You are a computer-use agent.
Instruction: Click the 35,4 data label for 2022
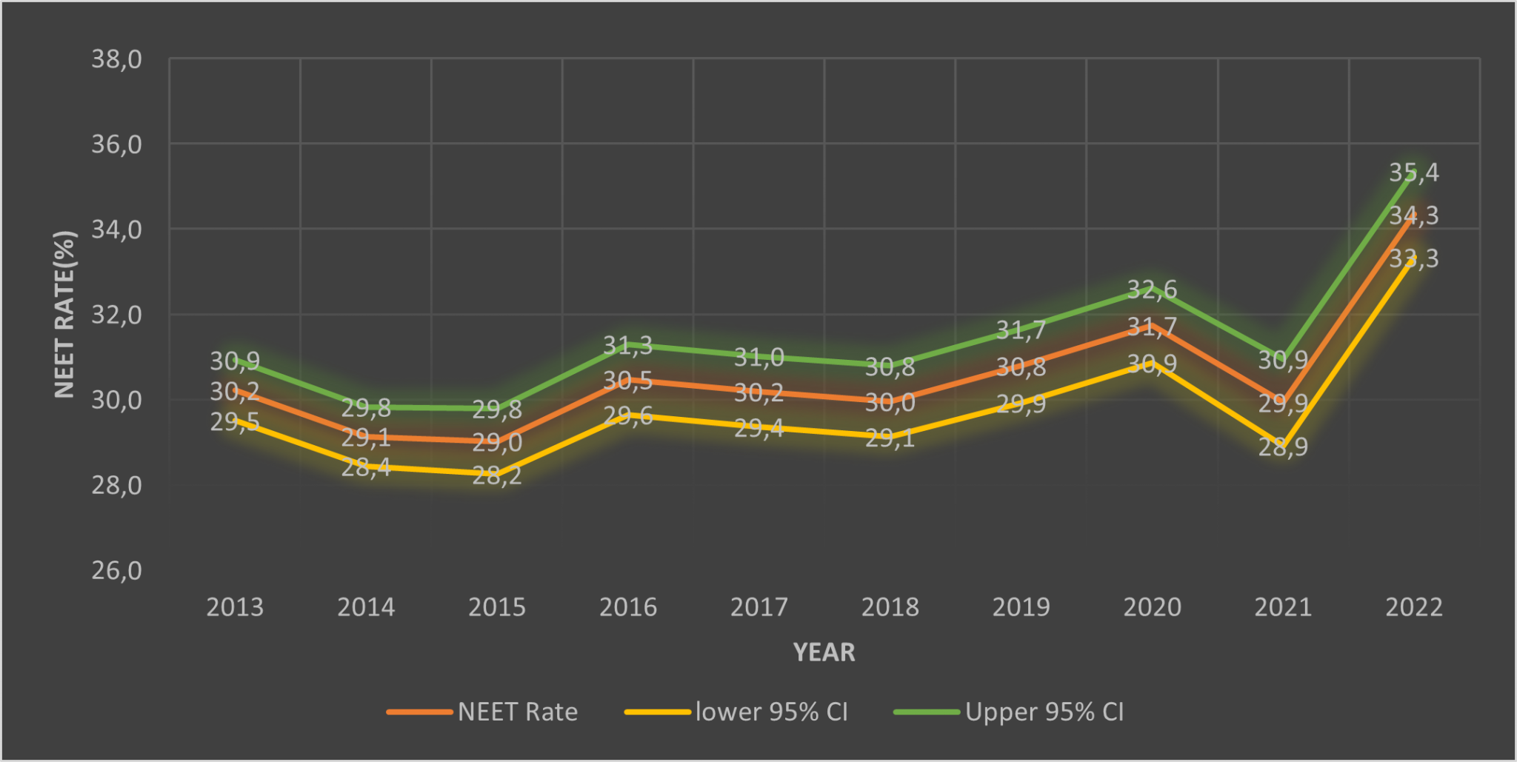click(1413, 173)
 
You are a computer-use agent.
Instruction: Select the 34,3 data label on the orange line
click(1413, 215)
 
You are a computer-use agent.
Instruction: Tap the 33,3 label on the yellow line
click(1413, 258)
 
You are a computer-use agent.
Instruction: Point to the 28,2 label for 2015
click(497, 475)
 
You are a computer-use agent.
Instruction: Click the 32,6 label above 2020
click(1152, 290)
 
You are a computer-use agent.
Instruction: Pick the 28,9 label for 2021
click(1283, 447)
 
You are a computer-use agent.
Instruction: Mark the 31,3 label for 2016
click(627, 345)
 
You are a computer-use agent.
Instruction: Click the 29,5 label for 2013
click(235, 422)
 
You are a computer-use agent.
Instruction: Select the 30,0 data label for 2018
click(890, 403)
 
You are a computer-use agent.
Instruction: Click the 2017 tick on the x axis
click(758, 607)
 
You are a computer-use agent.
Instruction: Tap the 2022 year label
click(1413, 607)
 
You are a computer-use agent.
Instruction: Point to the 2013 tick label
click(235, 607)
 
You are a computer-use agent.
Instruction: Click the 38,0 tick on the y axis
click(116, 59)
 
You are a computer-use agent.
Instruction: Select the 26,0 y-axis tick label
click(116, 571)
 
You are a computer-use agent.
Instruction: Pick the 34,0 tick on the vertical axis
click(116, 230)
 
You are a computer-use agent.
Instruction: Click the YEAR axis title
click(824, 652)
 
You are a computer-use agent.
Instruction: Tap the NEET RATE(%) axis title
click(65, 314)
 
